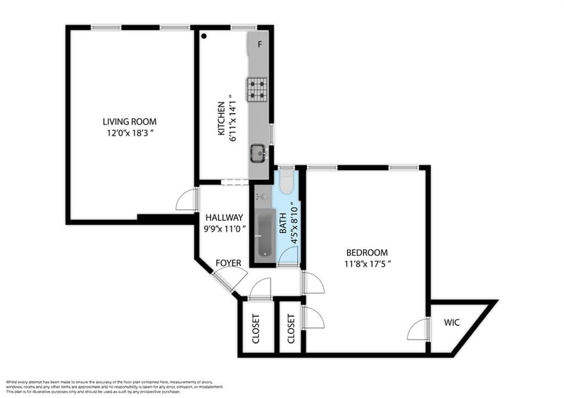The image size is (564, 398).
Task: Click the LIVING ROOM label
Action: coord(129,122)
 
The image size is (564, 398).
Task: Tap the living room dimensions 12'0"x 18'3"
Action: coord(129,133)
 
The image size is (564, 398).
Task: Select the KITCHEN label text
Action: coord(221,118)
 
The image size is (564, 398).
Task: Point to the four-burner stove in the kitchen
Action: coord(257,89)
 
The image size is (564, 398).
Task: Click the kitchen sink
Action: coord(258,152)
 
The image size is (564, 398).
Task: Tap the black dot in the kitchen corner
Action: coord(204,36)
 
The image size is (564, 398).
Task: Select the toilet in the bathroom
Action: coord(286,183)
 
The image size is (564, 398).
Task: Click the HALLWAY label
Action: coord(224,218)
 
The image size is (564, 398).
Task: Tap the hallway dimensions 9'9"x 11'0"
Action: coord(224,229)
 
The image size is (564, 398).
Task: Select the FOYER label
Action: coord(228,263)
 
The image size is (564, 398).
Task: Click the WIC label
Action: coord(452,322)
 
